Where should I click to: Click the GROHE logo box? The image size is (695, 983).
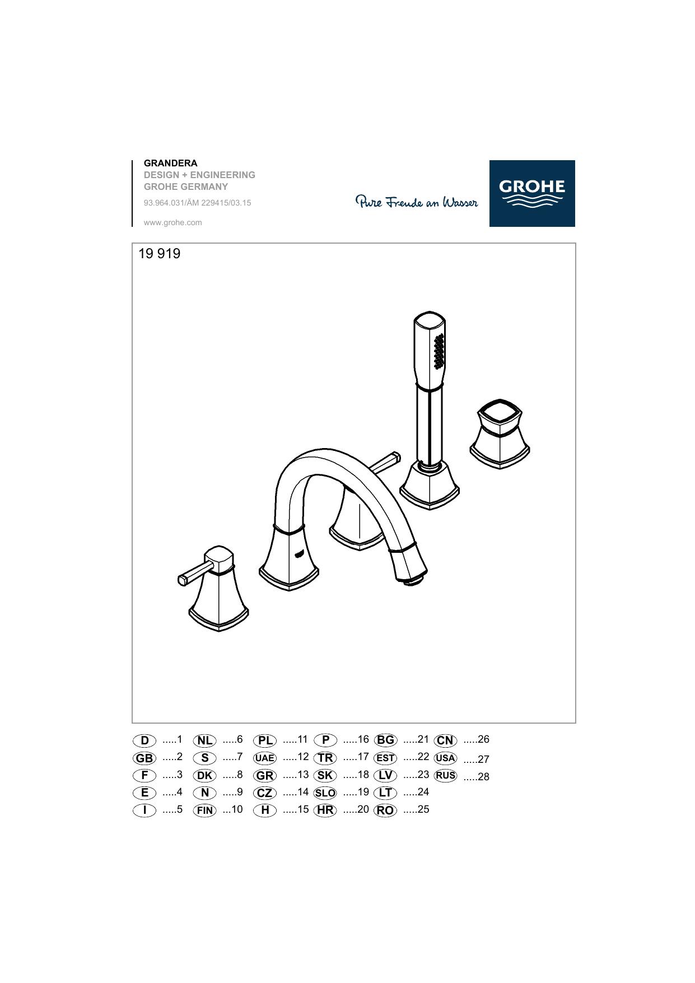[532, 193]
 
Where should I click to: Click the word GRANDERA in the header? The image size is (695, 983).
[170, 163]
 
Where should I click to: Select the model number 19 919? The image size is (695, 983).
[160, 254]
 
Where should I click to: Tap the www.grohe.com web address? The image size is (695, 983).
[172, 222]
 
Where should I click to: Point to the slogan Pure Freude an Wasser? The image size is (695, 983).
[417, 202]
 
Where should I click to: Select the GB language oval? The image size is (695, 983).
[144, 758]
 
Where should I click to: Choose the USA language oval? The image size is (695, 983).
[445, 758]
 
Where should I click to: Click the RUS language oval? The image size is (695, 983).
[445, 776]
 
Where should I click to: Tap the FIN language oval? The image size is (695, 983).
[204, 810]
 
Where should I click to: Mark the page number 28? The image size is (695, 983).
[484, 777]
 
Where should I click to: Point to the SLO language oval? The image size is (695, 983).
[325, 793]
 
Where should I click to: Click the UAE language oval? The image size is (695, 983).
[265, 758]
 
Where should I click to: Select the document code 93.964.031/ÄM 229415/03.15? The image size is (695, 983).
[198, 203]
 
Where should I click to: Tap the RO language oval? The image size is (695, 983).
[385, 810]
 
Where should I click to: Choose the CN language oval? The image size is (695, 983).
[445, 740]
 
